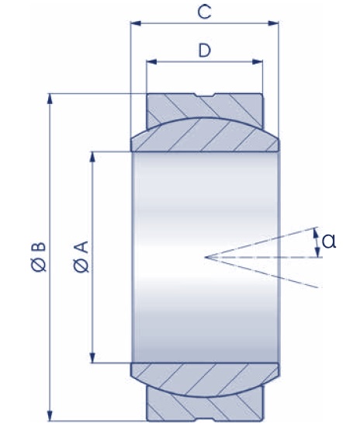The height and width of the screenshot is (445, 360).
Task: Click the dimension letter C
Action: pyautogui.click(x=204, y=12)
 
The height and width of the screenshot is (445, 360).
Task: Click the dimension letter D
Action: pyautogui.click(x=204, y=50)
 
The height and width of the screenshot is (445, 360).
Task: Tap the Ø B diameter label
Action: pyautogui.click(x=38, y=257)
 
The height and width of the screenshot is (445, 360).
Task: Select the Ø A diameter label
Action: pyautogui.click(x=81, y=257)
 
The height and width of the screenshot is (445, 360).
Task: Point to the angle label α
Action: pyautogui.click(x=329, y=242)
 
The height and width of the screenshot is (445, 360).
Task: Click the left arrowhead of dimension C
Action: pyautogui.click(x=136, y=23)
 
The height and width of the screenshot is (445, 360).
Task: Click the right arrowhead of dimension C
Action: pyautogui.click(x=273, y=23)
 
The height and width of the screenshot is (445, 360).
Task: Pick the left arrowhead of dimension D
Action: pyautogui.click(x=151, y=61)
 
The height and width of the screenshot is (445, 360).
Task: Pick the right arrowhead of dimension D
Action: pyautogui.click(x=258, y=61)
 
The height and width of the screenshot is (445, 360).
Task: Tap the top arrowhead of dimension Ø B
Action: pyautogui.click(x=50, y=99)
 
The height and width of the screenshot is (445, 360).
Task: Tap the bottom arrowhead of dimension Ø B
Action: pyautogui.click(x=50, y=415)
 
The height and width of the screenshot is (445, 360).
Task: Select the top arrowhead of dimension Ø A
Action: pyautogui.click(x=92, y=157)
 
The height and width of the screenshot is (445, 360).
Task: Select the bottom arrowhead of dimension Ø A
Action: pyautogui.click(x=92, y=357)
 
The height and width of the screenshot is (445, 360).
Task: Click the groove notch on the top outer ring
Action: pyautogui.click(x=205, y=96)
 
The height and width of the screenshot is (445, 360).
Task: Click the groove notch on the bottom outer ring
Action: pyautogui.click(x=205, y=419)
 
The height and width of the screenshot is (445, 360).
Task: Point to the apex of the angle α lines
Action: pyautogui.click(x=206, y=257)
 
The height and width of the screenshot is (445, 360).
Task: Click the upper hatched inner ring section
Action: pyautogui.click(x=205, y=135)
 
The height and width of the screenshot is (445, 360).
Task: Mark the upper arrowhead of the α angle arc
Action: pyautogui.click(x=315, y=233)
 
